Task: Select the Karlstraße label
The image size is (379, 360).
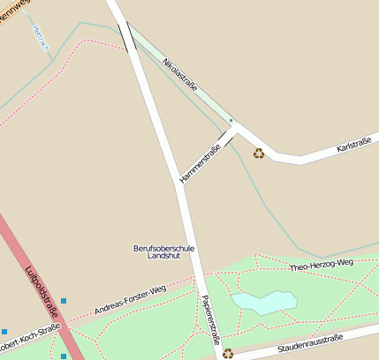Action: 357,144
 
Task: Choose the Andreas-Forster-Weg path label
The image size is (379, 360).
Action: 130,300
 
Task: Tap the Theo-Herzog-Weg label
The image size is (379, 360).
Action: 322,264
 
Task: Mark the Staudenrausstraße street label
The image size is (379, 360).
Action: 309,343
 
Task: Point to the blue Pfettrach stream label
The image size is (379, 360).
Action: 41,37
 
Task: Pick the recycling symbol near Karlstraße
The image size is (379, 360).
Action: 259,154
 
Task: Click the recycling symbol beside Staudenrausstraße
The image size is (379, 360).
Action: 228,353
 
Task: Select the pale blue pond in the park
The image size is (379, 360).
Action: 263,303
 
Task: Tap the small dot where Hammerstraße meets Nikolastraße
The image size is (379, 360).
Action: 231,120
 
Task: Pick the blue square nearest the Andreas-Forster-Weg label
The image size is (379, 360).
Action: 64,302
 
